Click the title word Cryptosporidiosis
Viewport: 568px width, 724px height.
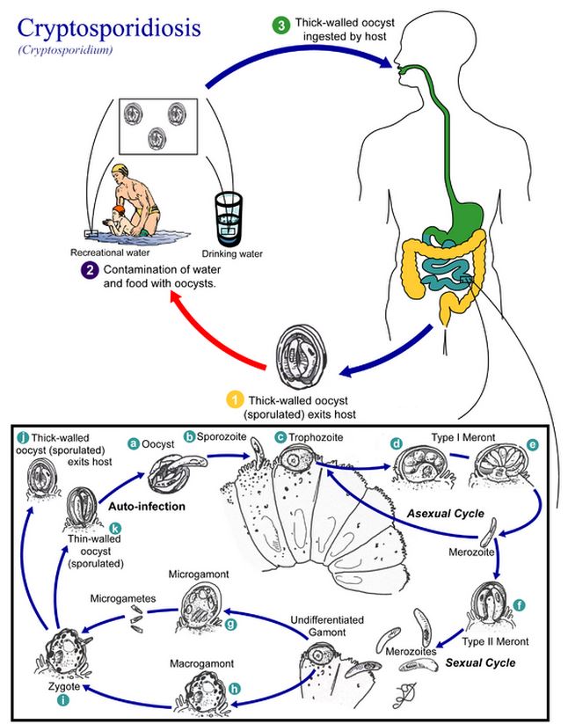click(109, 29)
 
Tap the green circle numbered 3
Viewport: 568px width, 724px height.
click(281, 26)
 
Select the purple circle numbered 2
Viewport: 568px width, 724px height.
click(90, 270)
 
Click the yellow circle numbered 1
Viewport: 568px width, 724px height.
click(235, 400)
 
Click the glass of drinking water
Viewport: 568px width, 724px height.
click(229, 219)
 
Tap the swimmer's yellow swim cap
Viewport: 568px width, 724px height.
click(120, 169)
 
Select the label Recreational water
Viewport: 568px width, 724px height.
click(110, 252)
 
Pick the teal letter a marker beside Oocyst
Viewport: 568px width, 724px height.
click(134, 443)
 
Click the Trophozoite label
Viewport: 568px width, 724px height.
click(316, 437)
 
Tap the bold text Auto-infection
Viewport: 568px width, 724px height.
click(147, 507)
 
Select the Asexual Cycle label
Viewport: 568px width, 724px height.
click(445, 514)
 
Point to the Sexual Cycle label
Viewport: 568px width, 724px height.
click(480, 663)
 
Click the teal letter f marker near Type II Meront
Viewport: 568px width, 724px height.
click(519, 605)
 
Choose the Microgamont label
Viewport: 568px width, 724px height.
click(199, 574)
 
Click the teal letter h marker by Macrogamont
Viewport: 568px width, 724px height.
click(235, 689)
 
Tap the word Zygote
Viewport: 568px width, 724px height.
click(64, 686)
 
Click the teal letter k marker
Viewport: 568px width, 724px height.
click(115, 529)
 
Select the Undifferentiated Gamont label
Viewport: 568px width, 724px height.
click(327, 625)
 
